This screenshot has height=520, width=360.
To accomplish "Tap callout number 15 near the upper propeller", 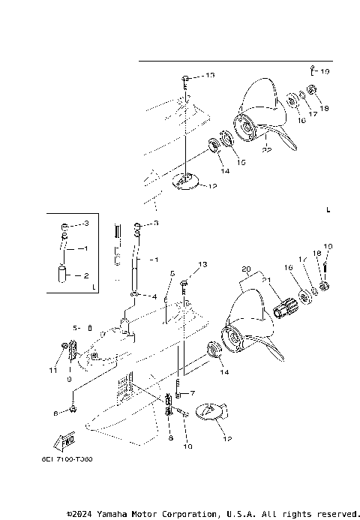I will pos(241,161).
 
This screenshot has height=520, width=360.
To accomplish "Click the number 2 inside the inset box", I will pos(85,275).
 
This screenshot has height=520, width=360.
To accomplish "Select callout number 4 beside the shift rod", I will pos(154,296).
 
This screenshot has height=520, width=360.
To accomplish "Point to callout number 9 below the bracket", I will pos(69,379).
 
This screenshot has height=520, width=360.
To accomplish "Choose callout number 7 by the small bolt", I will pos(192,392).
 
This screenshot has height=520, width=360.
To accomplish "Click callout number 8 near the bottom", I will pos(171,437).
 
